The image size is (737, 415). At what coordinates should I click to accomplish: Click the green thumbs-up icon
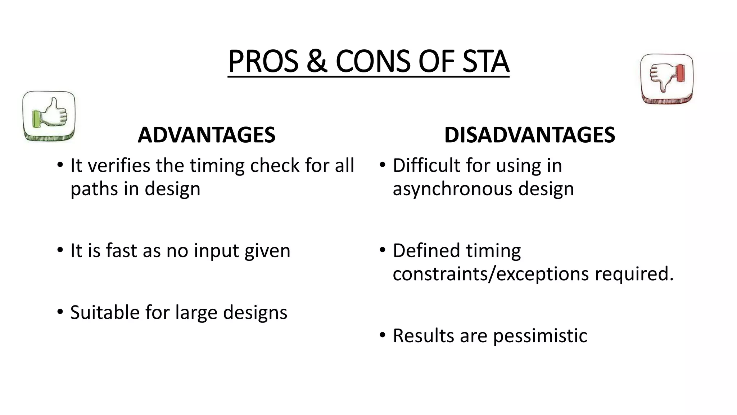49,116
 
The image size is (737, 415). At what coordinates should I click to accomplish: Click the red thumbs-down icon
667,79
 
